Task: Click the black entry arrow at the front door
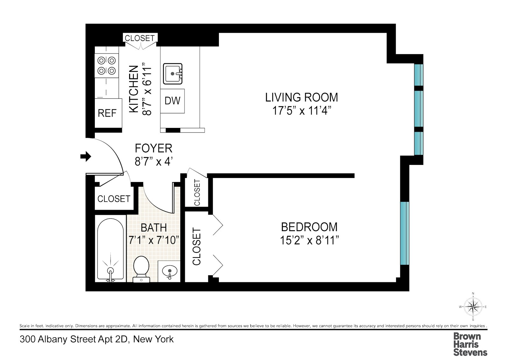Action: point(86,156)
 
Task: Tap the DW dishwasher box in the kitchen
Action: point(172,101)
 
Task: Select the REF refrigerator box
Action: point(108,113)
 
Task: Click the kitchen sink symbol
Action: point(173,74)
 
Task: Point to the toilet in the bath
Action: point(141,269)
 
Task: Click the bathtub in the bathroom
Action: point(110,248)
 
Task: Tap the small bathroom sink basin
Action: point(169,272)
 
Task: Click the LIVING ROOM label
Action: point(301,97)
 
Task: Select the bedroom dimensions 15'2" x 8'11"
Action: point(309,240)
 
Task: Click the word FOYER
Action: point(153,148)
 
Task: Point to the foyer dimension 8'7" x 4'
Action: point(153,162)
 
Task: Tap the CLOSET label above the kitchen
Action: point(140,38)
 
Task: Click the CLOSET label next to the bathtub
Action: point(114,199)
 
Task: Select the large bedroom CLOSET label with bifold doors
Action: point(197,247)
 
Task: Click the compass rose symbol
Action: point(473,307)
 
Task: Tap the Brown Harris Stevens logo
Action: point(470,344)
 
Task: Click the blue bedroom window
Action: point(404,233)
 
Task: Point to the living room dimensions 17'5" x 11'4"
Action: point(301,111)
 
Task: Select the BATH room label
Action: point(154,228)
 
